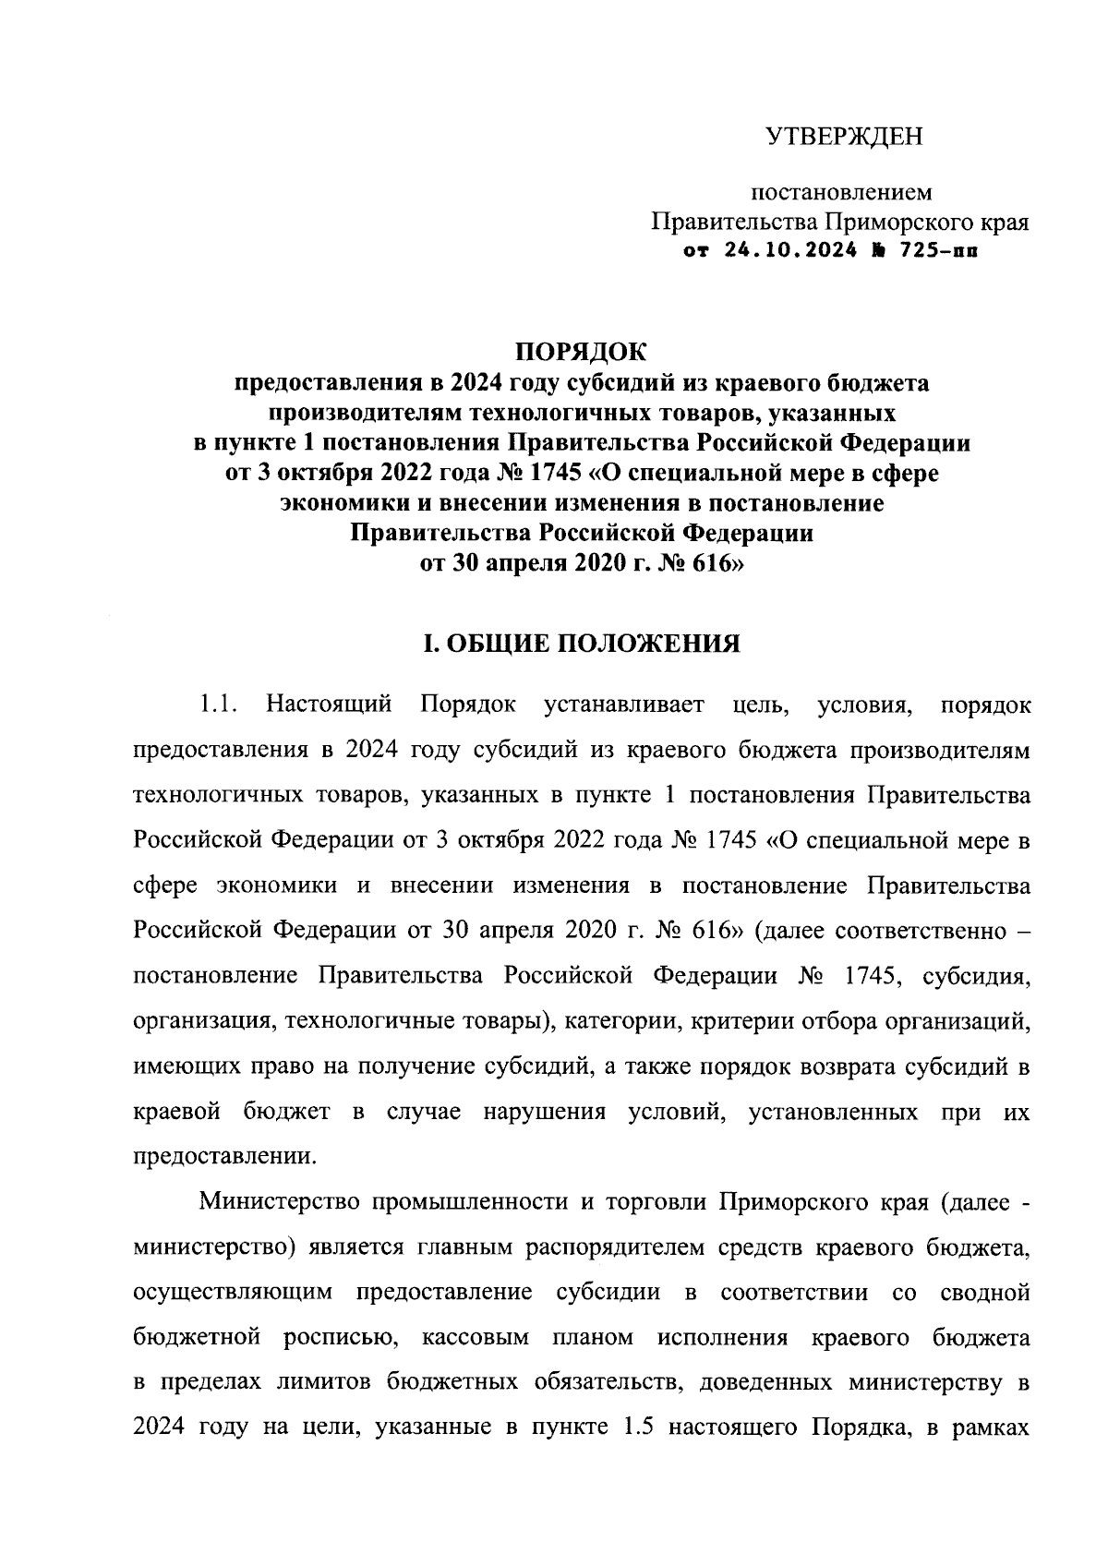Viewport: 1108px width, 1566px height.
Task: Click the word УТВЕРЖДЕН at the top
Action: [844, 138]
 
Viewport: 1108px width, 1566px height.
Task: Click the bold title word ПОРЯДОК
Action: [582, 352]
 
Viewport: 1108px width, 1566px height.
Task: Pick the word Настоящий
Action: [328, 705]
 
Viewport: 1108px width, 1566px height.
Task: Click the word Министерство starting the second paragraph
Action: [278, 1202]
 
